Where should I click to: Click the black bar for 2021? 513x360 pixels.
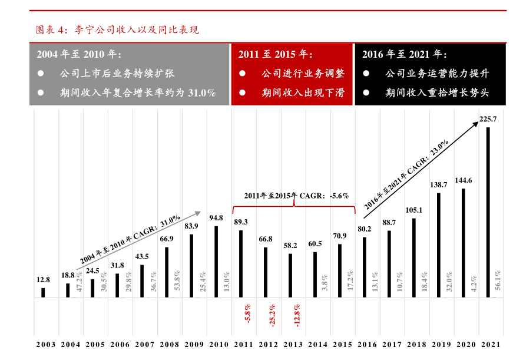(488, 212)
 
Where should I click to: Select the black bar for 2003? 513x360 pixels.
(43, 292)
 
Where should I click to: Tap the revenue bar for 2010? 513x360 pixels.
(216, 262)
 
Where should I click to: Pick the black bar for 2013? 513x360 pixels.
(290, 275)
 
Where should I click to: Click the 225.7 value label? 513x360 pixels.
(488, 120)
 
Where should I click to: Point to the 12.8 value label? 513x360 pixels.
(43, 280)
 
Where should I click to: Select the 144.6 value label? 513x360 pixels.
(463, 180)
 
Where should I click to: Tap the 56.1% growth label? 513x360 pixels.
(498, 280)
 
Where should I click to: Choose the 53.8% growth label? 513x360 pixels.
(177, 280)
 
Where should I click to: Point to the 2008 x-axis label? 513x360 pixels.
(167, 345)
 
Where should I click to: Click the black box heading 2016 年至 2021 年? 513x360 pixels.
(405, 54)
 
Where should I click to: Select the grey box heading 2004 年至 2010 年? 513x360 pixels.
(79, 54)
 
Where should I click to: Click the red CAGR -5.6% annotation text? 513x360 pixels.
(296, 196)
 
